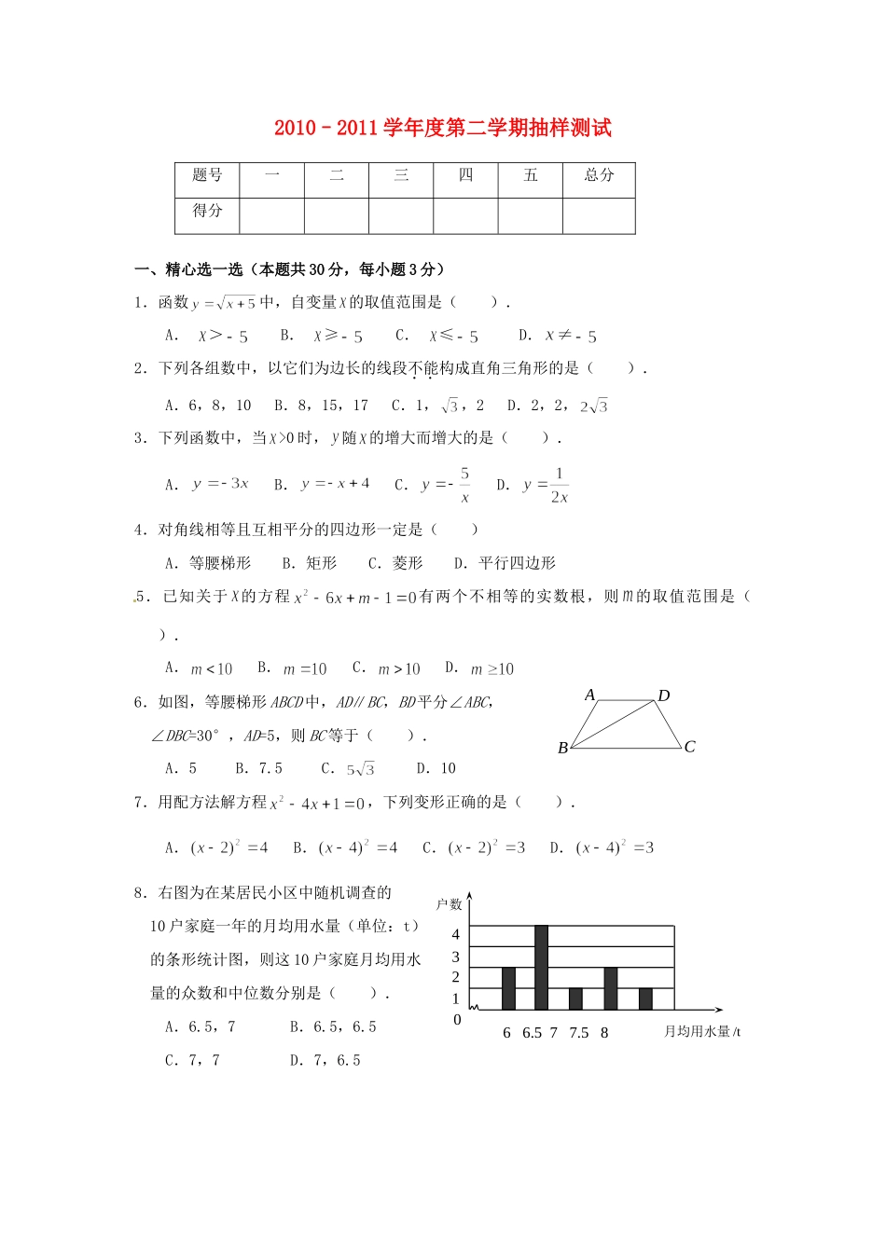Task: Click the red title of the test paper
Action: pyautogui.click(x=443, y=128)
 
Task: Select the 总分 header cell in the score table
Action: pyautogui.click(x=599, y=175)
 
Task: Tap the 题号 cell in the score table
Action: pyautogui.click(x=207, y=175)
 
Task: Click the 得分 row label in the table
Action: pyautogui.click(x=207, y=211)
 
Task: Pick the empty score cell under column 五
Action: pyautogui.click(x=530, y=215)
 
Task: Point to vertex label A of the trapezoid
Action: pyautogui.click(x=589, y=695)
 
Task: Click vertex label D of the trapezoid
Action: pyautogui.click(x=664, y=695)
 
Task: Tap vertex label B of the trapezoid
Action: pyautogui.click(x=562, y=748)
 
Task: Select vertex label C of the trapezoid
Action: pyautogui.click(x=689, y=747)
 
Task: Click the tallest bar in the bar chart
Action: pyautogui.click(x=541, y=967)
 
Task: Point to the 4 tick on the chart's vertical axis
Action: pyautogui.click(x=455, y=934)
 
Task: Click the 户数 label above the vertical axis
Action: pyautogui.click(x=449, y=904)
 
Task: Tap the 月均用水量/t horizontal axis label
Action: pyautogui.click(x=702, y=1032)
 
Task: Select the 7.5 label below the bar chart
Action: pyautogui.click(x=579, y=1033)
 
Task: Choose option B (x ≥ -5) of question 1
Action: pyautogui.click(x=322, y=336)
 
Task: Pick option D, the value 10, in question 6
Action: pyautogui.click(x=436, y=768)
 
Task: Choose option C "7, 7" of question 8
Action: pyautogui.click(x=193, y=1060)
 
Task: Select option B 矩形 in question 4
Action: pyautogui.click(x=310, y=563)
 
